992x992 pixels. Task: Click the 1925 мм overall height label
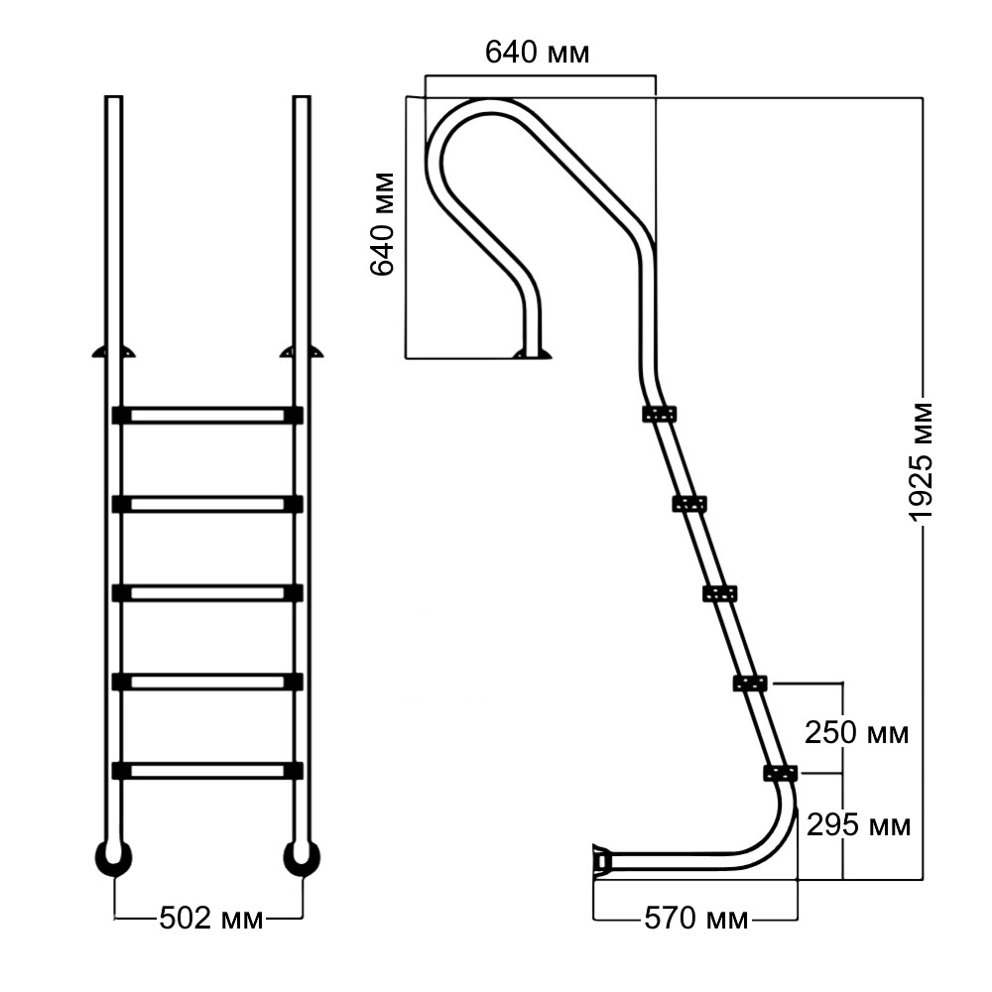922,462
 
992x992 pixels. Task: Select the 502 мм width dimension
211,919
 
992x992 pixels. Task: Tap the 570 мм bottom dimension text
696,919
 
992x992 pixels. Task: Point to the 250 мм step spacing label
856,734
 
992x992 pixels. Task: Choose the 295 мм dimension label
858,824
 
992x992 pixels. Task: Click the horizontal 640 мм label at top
537,53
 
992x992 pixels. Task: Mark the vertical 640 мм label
383,223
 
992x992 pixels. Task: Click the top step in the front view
207,415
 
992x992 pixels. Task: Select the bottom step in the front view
207,770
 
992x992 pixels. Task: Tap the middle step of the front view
207,592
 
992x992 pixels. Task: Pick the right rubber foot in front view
302,858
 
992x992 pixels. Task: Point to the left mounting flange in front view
113,351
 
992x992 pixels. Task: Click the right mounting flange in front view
302,351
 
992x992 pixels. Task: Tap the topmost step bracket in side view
659,414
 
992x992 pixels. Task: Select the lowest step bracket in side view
780,773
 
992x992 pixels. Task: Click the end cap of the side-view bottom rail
600,860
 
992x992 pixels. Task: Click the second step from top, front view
207,504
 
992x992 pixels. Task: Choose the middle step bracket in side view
719,593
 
